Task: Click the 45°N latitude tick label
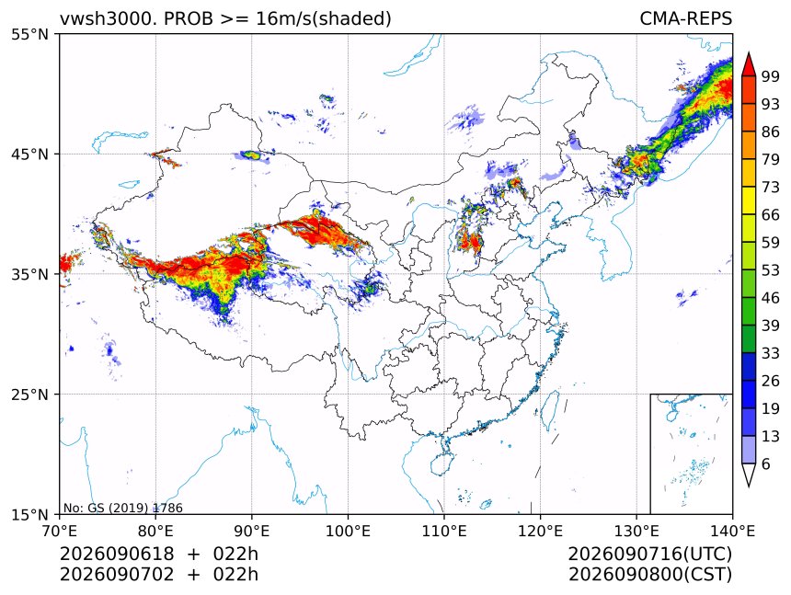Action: pyautogui.click(x=29, y=154)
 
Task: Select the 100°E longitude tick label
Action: pyautogui.click(x=348, y=531)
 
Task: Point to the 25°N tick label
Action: pyautogui.click(x=29, y=394)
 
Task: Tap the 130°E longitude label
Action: pyautogui.click(x=636, y=531)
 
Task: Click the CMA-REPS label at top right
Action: pyautogui.click(x=685, y=18)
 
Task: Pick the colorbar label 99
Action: pyautogui.click(x=771, y=76)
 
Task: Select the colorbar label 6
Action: pyautogui.click(x=766, y=463)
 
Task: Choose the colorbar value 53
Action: pyautogui.click(x=771, y=270)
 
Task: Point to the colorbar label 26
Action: pyautogui.click(x=771, y=381)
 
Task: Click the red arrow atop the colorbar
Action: pyautogui.click(x=749, y=64)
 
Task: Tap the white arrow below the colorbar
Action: pyautogui.click(x=749, y=475)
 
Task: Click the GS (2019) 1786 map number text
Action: pyautogui.click(x=136, y=508)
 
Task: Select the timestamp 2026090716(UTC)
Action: pyautogui.click(x=649, y=554)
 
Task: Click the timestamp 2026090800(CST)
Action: pyautogui.click(x=649, y=575)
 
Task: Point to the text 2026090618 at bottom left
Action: pyautogui.click(x=117, y=554)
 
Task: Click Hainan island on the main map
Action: pyautogui.click(x=442, y=463)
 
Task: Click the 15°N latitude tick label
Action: pyautogui.click(x=29, y=514)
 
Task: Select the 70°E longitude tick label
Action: pyautogui.click(x=60, y=531)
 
